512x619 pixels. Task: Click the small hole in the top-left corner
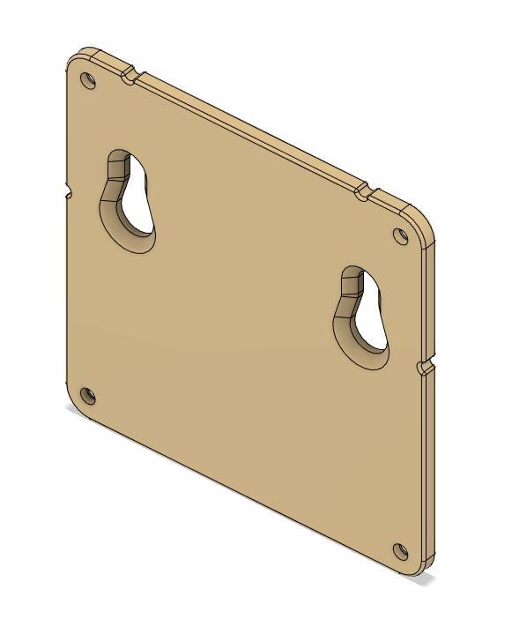point(88,80)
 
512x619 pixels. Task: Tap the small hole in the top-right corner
point(401,235)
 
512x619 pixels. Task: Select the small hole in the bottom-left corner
point(87,395)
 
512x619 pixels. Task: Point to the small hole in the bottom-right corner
point(401,552)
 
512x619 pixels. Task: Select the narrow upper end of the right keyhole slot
point(353,281)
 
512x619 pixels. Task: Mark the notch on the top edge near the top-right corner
point(362,190)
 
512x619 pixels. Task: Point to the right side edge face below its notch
point(428,467)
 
